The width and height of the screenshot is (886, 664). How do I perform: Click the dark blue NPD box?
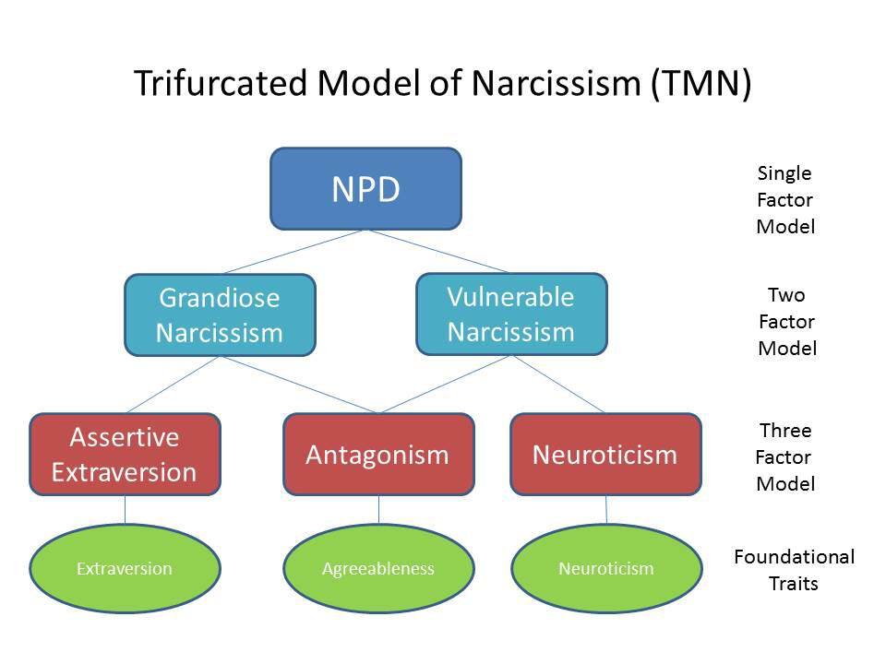coord(365,188)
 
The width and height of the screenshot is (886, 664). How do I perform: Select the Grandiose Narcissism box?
coord(220,314)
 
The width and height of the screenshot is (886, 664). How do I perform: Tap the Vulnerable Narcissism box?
coord(511,314)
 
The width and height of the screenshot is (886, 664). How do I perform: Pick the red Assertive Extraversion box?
coord(125,454)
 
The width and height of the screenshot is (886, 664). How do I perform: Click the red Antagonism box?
coord(377,454)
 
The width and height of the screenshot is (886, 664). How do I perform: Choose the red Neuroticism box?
coord(605,454)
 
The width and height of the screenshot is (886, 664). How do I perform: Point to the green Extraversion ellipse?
coord(125,568)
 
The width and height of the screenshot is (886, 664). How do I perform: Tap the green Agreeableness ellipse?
coord(377,568)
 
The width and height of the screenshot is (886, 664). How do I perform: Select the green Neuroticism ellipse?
coord(605,568)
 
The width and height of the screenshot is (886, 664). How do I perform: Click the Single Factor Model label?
coord(785,199)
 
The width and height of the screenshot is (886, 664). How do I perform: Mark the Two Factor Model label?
coord(786,321)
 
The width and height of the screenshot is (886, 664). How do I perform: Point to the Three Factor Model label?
coord(785,456)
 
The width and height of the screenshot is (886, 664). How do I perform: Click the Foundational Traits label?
coord(794,570)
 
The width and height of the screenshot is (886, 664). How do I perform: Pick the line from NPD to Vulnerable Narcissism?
coord(437,251)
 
